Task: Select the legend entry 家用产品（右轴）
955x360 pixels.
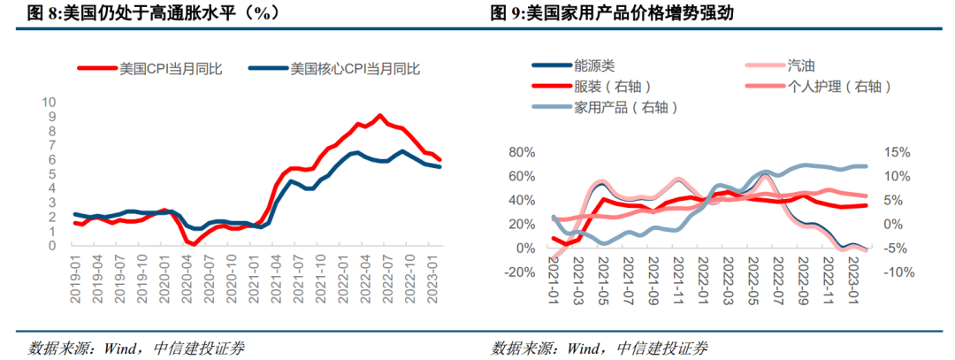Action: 624,107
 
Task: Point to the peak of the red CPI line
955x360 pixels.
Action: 380,116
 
